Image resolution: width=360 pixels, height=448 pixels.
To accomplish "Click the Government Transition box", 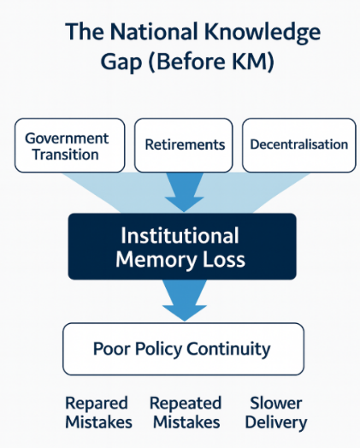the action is [x=70, y=145].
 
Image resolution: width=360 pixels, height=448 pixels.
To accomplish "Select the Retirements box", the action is [x=184, y=145].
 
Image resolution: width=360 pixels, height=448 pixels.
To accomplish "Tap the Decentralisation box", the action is [x=298, y=145].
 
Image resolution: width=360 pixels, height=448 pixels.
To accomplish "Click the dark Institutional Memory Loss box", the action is [x=182, y=246].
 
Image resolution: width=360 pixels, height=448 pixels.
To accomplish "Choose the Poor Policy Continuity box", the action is [x=184, y=349].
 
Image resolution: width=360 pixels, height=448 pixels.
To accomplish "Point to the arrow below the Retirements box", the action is [x=185, y=192].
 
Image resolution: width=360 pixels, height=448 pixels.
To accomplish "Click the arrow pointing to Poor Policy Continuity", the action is [x=185, y=300].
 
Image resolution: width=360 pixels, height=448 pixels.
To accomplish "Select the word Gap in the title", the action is [x=121, y=62].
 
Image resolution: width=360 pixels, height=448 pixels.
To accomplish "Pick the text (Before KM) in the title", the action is [x=211, y=62].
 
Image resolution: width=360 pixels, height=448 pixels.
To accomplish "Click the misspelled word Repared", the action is [x=97, y=404].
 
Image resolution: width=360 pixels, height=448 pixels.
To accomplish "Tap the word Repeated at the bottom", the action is [x=186, y=404].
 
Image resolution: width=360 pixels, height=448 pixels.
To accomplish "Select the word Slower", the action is [x=275, y=404].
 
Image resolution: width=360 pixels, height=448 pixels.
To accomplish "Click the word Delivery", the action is [x=276, y=423].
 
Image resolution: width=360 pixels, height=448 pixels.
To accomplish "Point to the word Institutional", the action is [x=180, y=235].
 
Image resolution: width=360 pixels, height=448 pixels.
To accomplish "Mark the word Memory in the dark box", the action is [x=156, y=260].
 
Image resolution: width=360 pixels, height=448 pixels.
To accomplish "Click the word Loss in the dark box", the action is [x=224, y=259].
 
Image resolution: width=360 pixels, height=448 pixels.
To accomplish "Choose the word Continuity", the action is [x=228, y=349].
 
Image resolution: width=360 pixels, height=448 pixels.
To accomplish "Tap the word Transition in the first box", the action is [x=66, y=154].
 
